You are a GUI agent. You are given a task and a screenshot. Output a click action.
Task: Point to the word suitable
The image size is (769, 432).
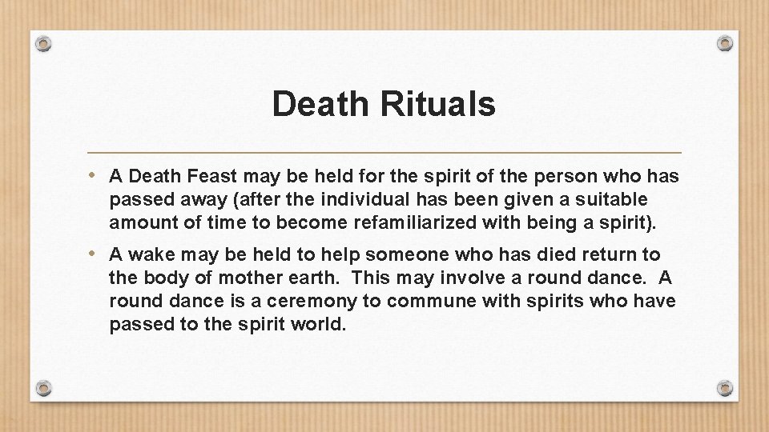[x=612, y=198]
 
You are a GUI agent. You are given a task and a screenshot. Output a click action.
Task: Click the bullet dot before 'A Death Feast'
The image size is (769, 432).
[x=95, y=174]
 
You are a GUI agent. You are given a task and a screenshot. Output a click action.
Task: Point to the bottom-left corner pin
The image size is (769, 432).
[x=44, y=388]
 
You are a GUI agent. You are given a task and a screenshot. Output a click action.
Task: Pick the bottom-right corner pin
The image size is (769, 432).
[x=725, y=388]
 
